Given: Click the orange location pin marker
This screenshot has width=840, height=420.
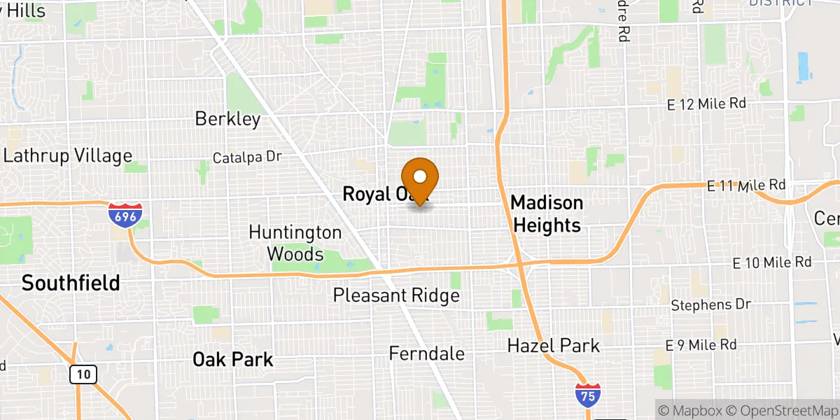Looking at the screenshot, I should tap(420, 180).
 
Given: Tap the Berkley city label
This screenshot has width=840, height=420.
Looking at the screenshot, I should tap(227, 119).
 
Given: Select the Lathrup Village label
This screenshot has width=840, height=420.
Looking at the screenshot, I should tap(67, 155).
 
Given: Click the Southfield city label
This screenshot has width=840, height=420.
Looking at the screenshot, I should tap(70, 283).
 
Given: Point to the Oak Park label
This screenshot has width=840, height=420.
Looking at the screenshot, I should tap(233, 360).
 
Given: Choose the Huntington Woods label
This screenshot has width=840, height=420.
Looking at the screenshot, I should tap(295, 243).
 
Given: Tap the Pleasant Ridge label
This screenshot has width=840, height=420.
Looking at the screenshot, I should tap(396, 296).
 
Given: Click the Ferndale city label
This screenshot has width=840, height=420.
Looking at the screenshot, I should tap(426, 353).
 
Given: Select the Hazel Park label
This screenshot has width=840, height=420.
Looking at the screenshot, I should tap(554, 345).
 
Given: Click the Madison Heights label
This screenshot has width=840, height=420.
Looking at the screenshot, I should tap(547, 214).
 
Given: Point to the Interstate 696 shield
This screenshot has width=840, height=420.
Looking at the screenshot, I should tap(125, 215).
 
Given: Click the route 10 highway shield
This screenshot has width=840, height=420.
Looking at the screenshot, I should tap(83, 374).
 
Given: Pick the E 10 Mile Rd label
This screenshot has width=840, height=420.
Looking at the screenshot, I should tap(771, 262).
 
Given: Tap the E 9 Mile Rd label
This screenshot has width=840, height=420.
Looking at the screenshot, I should tap(701, 345).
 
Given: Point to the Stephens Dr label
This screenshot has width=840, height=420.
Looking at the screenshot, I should tap(710, 305).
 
